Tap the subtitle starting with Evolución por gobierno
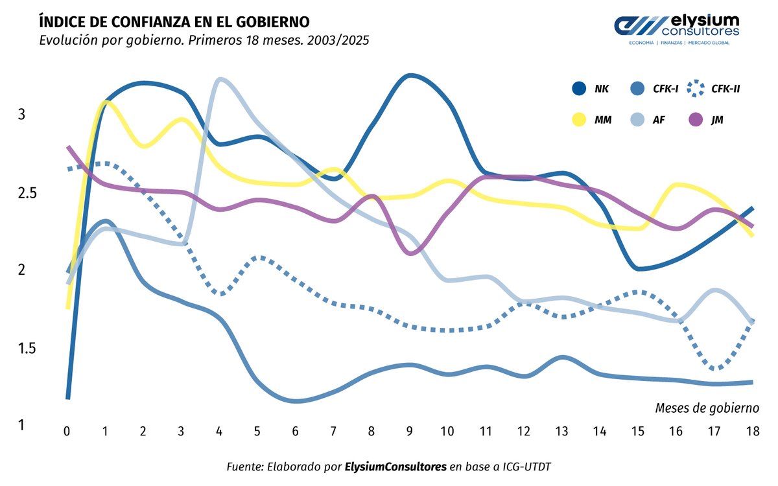[x=204, y=40]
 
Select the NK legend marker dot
[x=578, y=89]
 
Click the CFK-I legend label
[x=665, y=89]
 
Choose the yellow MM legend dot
[x=578, y=119]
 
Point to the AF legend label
[x=659, y=119]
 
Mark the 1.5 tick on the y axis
[x=26, y=349]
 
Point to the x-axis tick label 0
[x=66, y=431]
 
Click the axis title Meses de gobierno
[x=707, y=408]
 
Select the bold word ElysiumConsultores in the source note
[x=395, y=467]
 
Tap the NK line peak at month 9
[x=410, y=76]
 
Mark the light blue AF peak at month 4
[x=220, y=80]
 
